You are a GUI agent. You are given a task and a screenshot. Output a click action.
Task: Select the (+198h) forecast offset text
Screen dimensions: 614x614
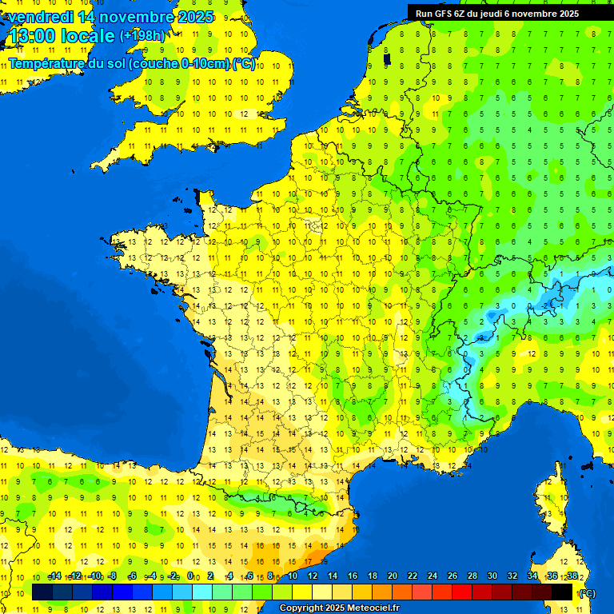[142, 36]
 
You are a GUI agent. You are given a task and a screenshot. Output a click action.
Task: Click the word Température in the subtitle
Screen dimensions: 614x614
[46, 64]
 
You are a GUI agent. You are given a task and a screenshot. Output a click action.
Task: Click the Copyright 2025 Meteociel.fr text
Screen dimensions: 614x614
[338, 608]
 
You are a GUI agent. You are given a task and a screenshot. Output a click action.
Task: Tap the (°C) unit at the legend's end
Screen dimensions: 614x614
[587, 593]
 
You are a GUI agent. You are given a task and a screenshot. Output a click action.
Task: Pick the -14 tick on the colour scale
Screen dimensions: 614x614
[54, 576]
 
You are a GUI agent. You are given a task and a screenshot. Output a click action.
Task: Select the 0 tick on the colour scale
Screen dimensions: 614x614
[190, 576]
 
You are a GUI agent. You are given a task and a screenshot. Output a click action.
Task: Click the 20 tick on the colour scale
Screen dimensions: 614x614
[392, 576]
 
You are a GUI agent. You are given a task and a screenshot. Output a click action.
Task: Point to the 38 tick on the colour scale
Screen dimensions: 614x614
[572, 576]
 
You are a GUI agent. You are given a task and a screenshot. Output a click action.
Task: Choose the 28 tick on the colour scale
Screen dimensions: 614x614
[472, 576]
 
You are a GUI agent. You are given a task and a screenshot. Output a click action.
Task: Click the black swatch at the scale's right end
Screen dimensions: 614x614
[562, 592]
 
